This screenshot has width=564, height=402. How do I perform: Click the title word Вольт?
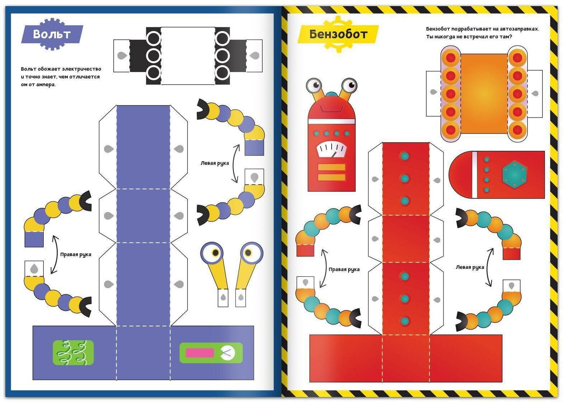(52, 34)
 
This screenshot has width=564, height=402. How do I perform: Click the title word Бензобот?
(338, 34)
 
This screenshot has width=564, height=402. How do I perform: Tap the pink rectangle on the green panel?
(199, 353)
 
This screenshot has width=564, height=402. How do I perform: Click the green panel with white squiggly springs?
(73, 353)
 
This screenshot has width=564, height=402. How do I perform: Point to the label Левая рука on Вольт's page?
(214, 163)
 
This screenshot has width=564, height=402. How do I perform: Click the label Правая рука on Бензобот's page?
(344, 269)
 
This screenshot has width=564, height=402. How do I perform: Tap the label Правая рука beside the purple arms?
(76, 255)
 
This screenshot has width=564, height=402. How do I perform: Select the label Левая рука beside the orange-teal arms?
(470, 267)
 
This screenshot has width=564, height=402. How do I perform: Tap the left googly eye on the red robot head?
(315, 85)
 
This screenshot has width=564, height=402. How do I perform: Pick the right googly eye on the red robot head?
(349, 85)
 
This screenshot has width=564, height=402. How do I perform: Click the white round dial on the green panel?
(227, 353)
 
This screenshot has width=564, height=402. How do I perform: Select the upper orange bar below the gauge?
(331, 167)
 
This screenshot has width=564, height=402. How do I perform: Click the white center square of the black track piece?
(188, 56)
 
